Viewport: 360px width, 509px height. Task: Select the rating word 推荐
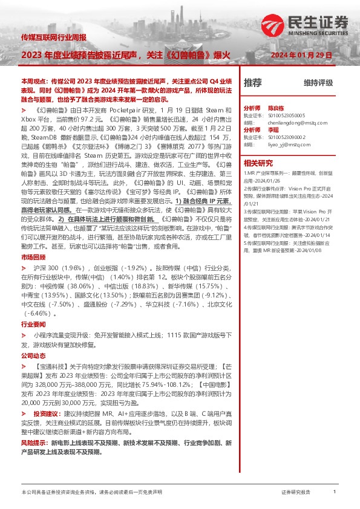click(252, 83)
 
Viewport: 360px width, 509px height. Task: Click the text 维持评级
click(318, 83)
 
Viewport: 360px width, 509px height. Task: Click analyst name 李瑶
click(273, 129)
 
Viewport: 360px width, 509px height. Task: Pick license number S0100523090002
click(284, 137)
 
